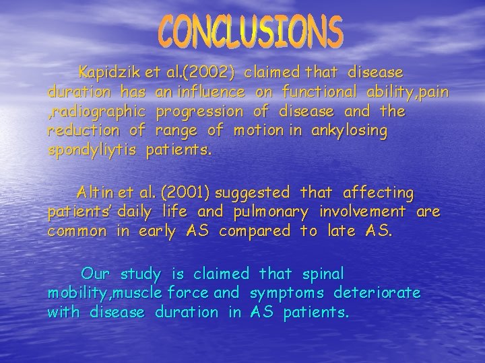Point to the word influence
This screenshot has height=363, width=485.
209,91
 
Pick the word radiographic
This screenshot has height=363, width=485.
97,110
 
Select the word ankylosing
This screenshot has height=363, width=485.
350,130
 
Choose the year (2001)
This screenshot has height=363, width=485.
183,193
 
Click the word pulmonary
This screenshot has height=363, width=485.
271,212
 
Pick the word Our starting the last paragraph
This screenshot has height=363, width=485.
96,274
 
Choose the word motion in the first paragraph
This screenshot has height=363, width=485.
255,130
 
